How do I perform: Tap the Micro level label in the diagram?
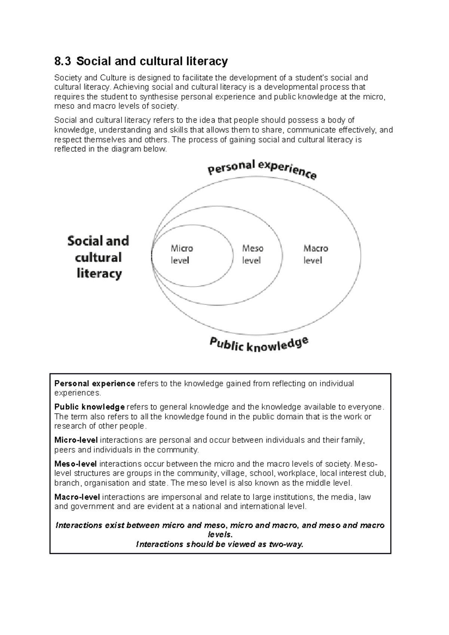coord(181,254)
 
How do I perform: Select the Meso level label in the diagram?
coord(253,254)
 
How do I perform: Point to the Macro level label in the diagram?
coord(315,254)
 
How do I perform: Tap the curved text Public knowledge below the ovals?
coord(259,344)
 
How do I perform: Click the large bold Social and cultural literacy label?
coord(98,257)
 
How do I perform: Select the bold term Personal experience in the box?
coord(94,384)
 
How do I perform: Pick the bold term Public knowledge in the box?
coord(89,407)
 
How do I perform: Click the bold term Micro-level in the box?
coord(76,440)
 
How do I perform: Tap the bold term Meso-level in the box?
coord(76,464)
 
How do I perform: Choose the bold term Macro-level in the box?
coord(77,497)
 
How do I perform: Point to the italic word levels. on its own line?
coord(220,535)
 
